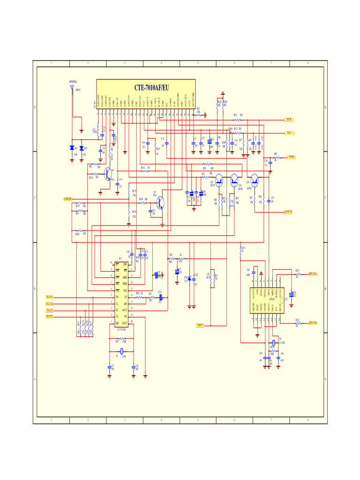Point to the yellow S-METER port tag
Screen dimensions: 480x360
tap(68, 199)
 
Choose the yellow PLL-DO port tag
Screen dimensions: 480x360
tap(50, 297)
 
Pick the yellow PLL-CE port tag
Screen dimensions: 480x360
tap(50, 317)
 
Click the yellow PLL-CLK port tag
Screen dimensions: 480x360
tap(50, 304)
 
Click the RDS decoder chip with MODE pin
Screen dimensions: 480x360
tap(267, 300)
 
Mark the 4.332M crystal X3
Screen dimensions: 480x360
tap(273, 344)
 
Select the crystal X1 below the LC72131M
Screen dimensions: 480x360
tap(121, 351)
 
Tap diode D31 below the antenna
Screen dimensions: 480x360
tap(72, 148)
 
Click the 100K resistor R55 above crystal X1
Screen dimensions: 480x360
tap(121, 341)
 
